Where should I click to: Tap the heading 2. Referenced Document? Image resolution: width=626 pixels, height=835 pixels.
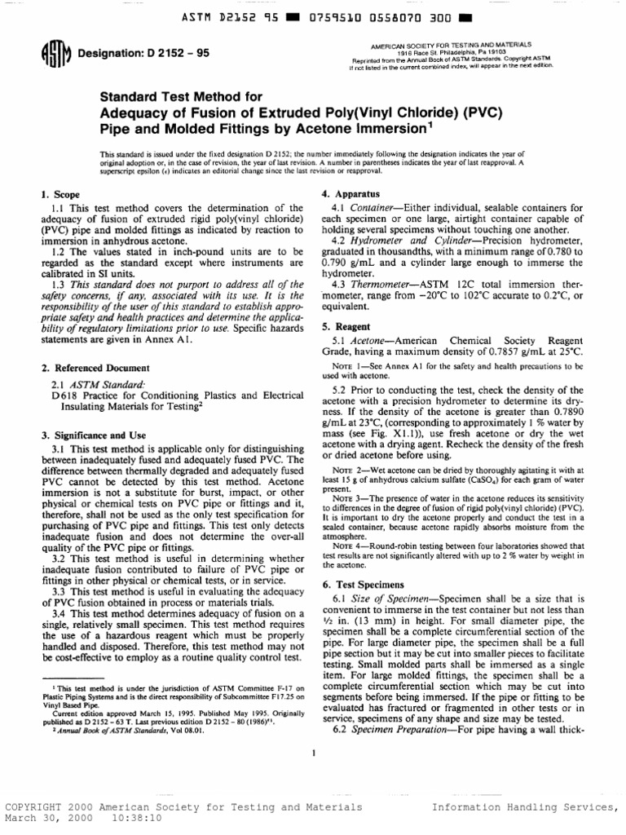pyautogui.click(x=84, y=368)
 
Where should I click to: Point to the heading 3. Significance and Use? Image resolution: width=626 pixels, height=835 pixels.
pyautogui.click(x=93, y=435)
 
